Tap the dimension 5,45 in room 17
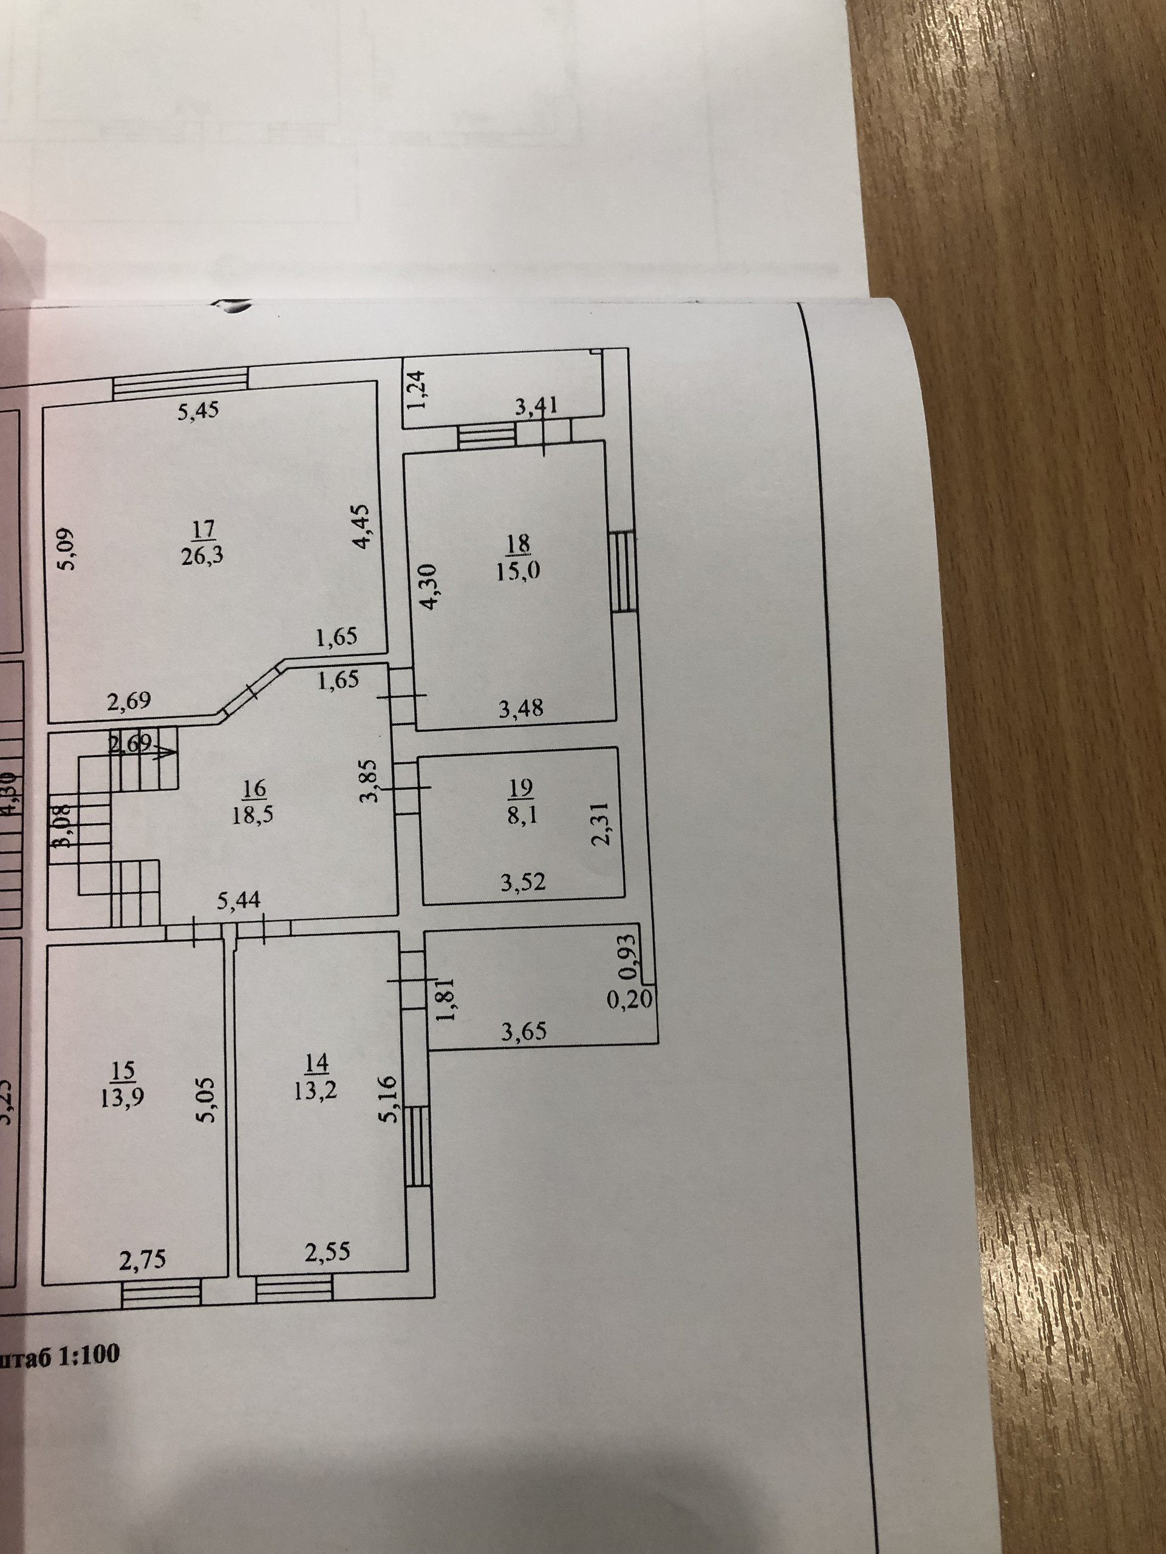197,412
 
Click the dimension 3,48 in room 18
521,708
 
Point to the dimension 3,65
523,1031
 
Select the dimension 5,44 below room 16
238,901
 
